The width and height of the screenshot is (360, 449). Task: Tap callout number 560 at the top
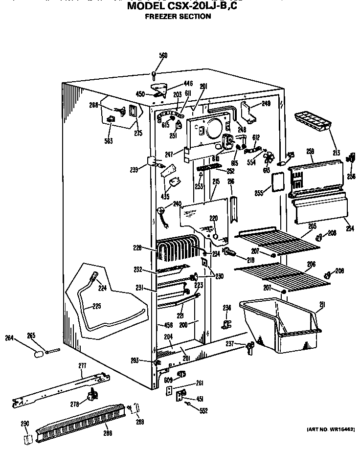pos(163,55)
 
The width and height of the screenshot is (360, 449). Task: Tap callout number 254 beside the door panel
pos(349,228)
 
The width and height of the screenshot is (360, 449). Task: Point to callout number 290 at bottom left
pos(25,424)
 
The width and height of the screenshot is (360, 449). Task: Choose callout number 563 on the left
pos(108,141)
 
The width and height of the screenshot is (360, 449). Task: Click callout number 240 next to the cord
pos(177,203)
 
